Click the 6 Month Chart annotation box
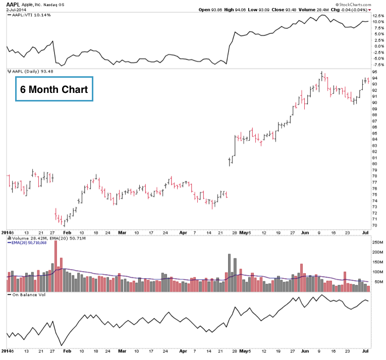point(54,89)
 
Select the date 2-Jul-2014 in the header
point(17,10)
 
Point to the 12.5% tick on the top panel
point(378,16)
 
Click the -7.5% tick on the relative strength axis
point(378,64)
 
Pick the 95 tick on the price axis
point(375,72)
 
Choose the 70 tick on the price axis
point(375,225)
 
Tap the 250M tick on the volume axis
point(377,243)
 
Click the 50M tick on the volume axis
point(376,282)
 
